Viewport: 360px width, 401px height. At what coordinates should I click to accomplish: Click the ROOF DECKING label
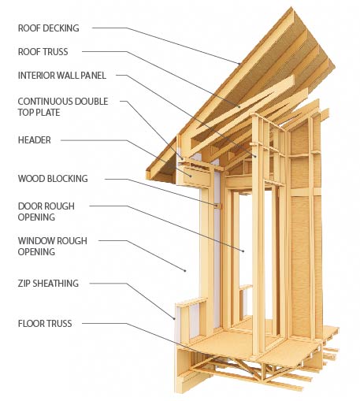48,28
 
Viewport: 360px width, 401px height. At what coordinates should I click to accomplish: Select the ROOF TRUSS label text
43,52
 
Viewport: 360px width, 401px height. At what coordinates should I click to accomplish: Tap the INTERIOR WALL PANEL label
62,76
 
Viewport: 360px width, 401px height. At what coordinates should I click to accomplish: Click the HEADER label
34,140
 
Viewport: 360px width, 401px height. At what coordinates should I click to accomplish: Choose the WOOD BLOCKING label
53,179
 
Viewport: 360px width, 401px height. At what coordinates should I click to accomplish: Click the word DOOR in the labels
29,206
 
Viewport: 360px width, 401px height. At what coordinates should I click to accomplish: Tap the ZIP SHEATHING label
48,284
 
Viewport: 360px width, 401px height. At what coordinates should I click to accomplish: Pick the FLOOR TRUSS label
45,324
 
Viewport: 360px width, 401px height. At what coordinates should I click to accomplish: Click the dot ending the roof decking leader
239,64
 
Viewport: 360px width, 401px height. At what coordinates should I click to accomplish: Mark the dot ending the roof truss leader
239,107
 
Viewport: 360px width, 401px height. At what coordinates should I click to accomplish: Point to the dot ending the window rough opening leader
185,270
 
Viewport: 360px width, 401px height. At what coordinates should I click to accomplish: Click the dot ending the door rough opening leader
243,251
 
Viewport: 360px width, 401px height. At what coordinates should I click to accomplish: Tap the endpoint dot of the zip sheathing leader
175,319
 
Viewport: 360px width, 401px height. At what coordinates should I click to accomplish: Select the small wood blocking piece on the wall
218,206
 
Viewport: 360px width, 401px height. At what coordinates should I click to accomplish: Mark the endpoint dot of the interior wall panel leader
255,157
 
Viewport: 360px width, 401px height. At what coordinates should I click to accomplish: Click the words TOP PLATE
39,113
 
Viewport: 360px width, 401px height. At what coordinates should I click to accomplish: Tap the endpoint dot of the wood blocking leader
217,206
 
